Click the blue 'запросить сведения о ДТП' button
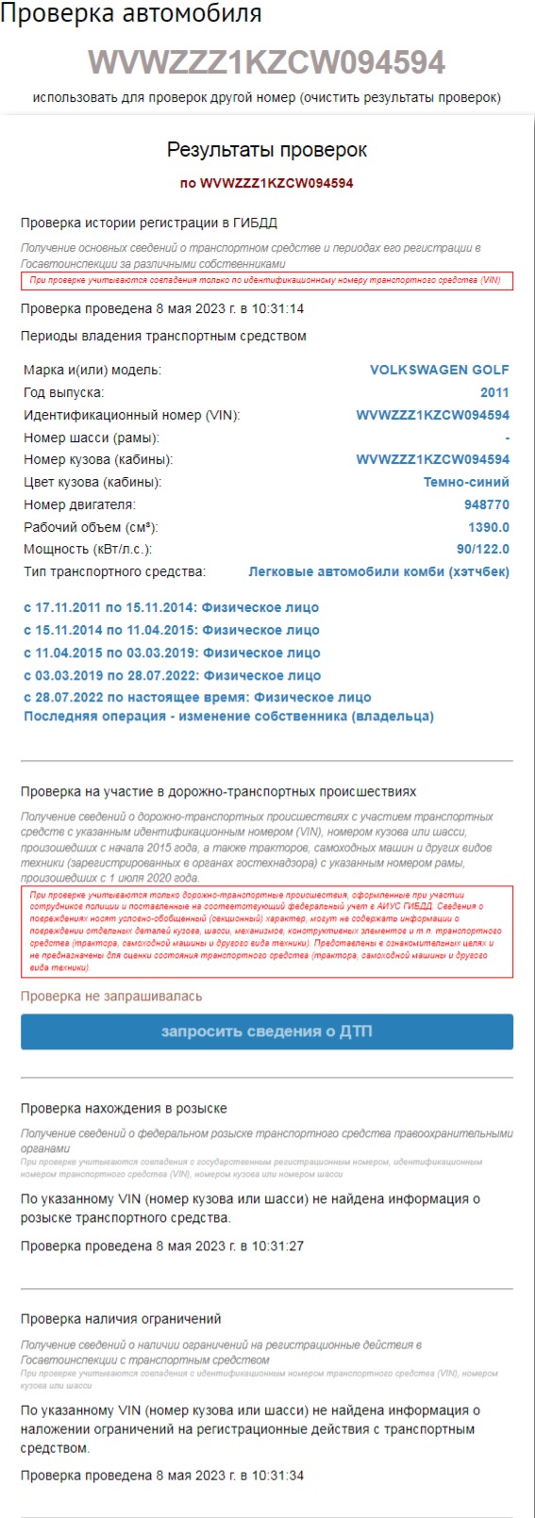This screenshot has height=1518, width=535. click(x=267, y=1031)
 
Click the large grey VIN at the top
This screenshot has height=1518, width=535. click(x=267, y=62)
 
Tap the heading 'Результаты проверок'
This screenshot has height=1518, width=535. click(x=267, y=150)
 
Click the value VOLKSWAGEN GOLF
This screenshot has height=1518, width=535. click(x=439, y=370)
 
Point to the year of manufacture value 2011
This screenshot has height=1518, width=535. click(x=494, y=392)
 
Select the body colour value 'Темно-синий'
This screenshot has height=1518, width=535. click(x=466, y=482)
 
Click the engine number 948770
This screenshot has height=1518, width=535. click(x=487, y=504)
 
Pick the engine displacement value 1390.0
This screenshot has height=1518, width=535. click(x=489, y=527)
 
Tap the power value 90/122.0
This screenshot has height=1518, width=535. click(x=483, y=549)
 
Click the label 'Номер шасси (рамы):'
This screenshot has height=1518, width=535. click(x=92, y=437)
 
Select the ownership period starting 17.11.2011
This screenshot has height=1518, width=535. click(x=171, y=608)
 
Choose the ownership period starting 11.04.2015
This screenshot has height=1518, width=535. click(x=172, y=652)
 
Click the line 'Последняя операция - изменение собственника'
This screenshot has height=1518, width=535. click(x=228, y=717)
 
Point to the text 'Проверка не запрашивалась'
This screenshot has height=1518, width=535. click(x=111, y=996)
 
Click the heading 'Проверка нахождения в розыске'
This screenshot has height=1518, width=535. click(x=124, y=1109)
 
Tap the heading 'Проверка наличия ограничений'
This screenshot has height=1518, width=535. click(x=121, y=1319)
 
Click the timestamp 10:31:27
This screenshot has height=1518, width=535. click(x=277, y=1246)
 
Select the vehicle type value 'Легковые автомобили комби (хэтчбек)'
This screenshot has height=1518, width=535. click(x=378, y=571)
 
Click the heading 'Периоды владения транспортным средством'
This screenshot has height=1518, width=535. click(x=163, y=337)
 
